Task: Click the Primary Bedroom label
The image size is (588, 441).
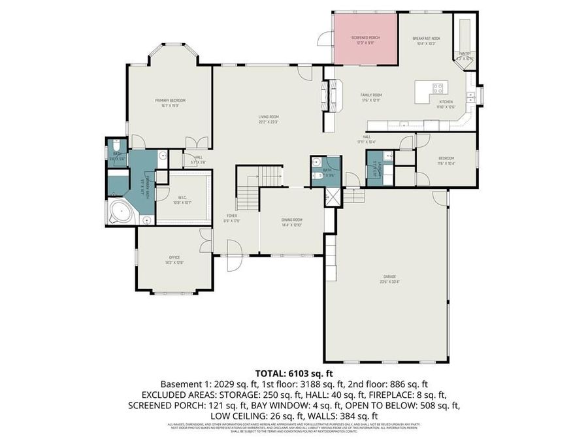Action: (170, 100)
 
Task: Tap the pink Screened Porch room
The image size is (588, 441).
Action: (365, 39)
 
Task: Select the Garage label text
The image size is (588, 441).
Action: (389, 276)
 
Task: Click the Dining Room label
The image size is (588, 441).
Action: (291, 220)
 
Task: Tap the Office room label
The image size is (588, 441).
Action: (174, 257)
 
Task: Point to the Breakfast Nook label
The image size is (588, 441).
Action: (426, 39)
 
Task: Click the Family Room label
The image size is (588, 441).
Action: (371, 95)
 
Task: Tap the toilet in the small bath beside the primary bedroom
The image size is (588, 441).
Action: (116, 146)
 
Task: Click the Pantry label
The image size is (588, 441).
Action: (465, 54)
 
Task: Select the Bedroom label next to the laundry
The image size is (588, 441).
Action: (446, 158)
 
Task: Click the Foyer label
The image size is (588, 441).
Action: (232, 216)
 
